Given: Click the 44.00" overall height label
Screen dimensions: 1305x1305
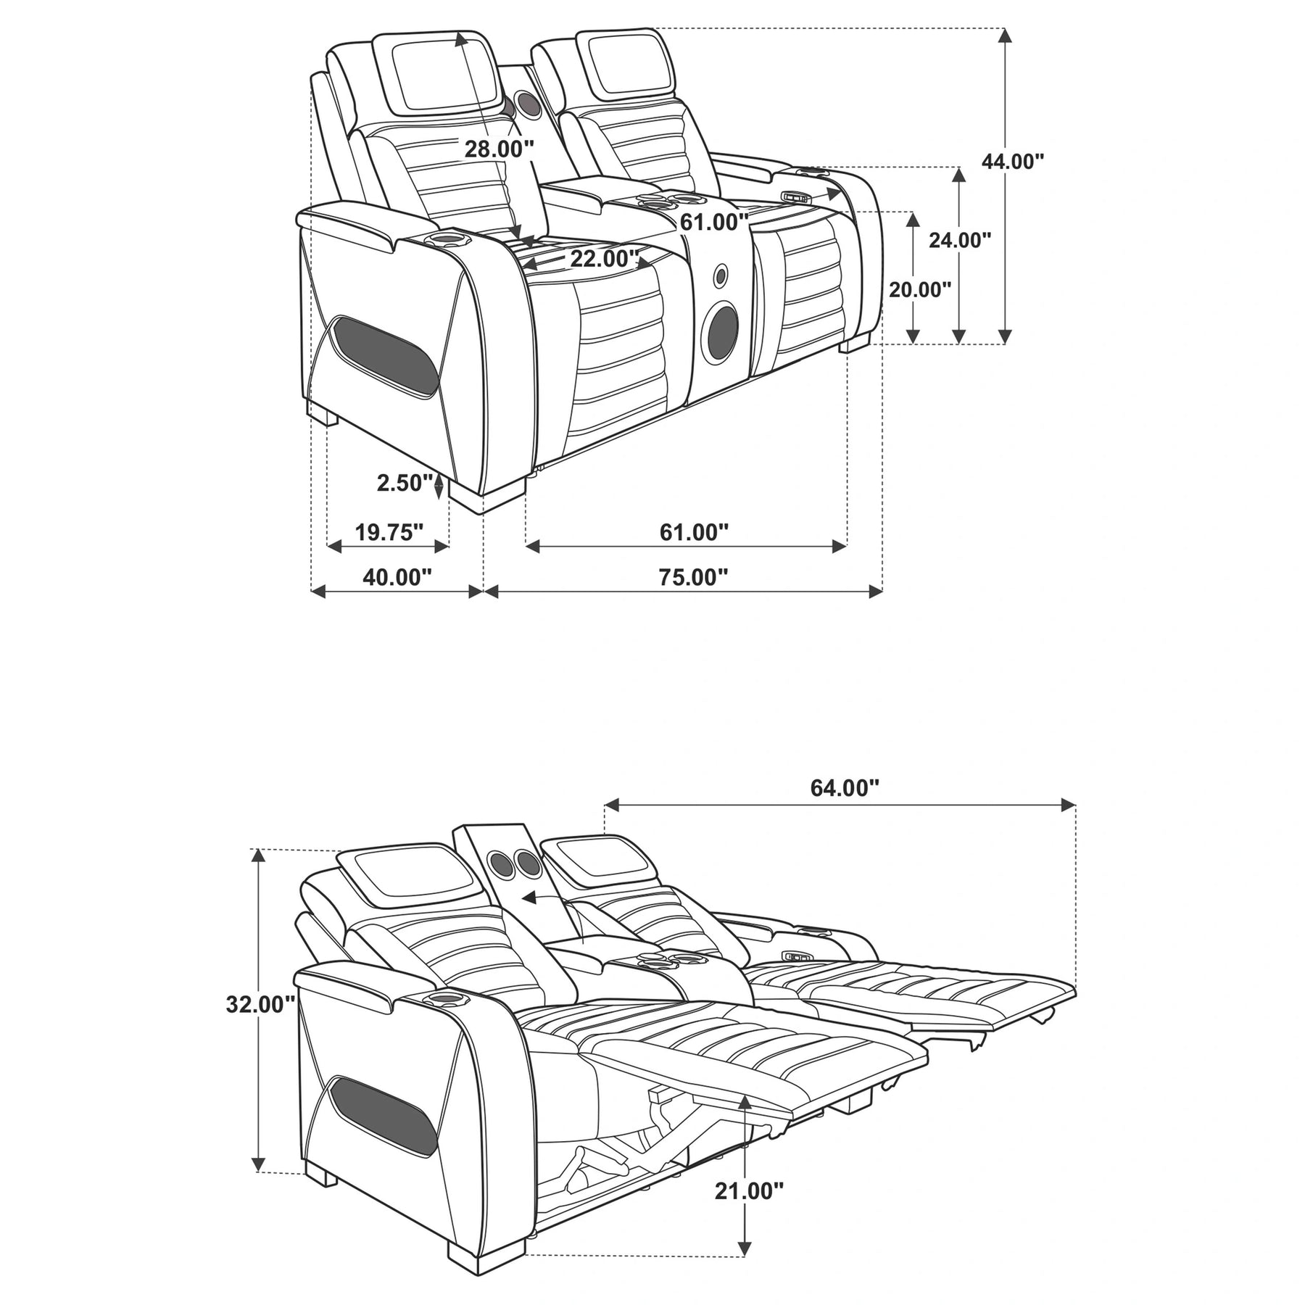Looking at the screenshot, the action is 1013,162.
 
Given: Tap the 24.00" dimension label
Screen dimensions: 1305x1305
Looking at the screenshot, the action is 960,240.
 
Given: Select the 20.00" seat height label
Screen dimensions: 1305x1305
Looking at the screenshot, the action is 920,290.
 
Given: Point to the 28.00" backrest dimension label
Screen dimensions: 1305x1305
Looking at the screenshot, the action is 500,149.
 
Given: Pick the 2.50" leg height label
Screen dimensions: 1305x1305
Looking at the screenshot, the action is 405,483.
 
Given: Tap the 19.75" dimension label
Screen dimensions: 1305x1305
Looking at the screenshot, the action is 389,533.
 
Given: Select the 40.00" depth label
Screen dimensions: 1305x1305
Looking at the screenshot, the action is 397,577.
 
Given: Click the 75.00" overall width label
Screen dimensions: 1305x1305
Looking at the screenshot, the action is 693,577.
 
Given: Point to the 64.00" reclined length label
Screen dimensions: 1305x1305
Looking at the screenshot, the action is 845,788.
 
